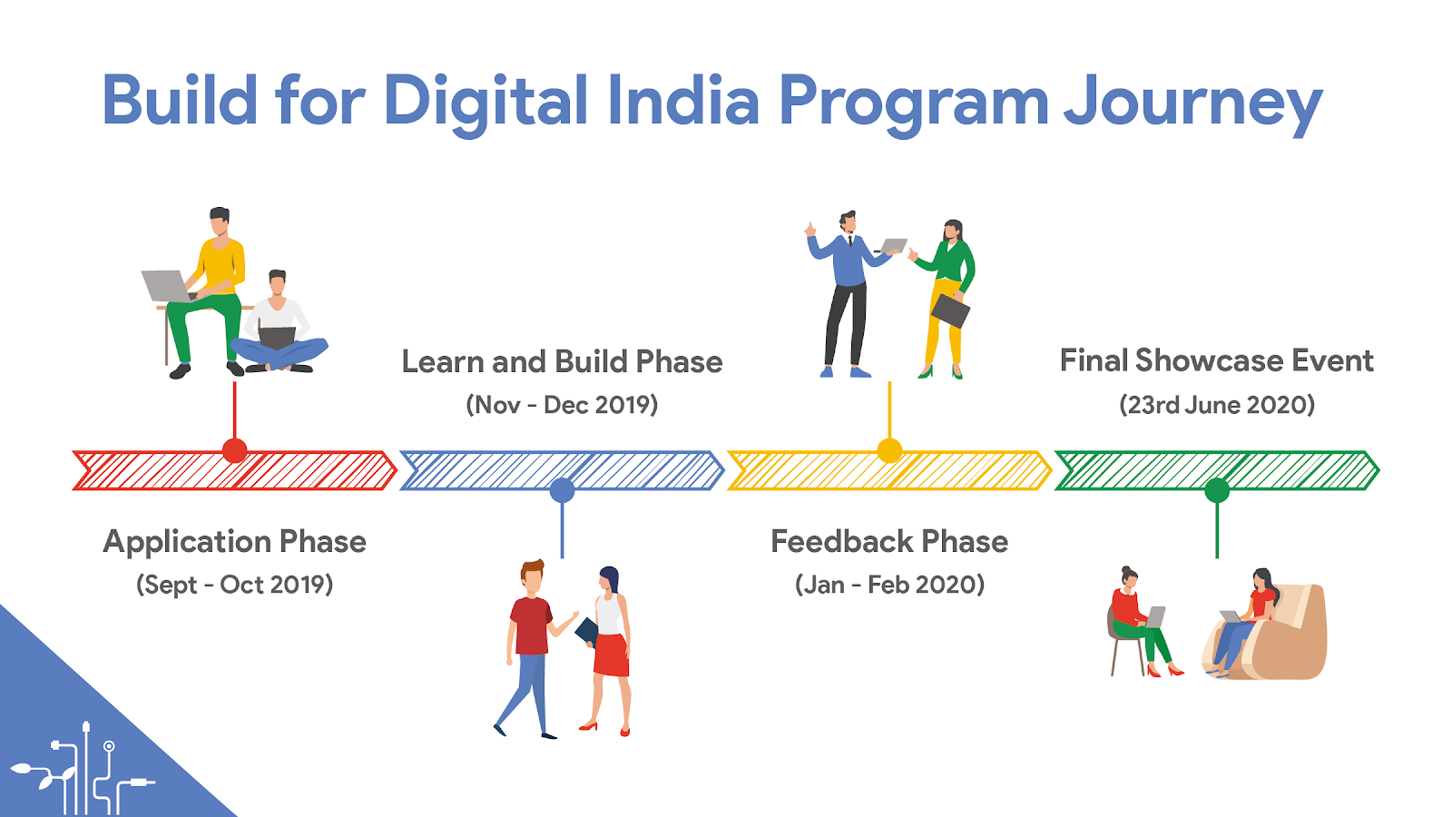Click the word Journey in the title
tap(1192, 103)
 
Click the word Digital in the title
tap(486, 103)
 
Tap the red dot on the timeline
tap(235, 450)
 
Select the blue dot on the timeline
tap(562, 490)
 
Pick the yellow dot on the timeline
tap(889, 450)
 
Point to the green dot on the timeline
tap(1217, 490)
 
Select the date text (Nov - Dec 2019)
tap(562, 405)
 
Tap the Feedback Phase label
tap(889, 541)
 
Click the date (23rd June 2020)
tap(1217, 405)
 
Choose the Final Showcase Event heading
tap(1217, 360)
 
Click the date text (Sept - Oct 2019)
tap(235, 585)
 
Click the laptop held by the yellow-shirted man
tap(166, 286)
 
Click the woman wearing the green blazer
tap(944, 299)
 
